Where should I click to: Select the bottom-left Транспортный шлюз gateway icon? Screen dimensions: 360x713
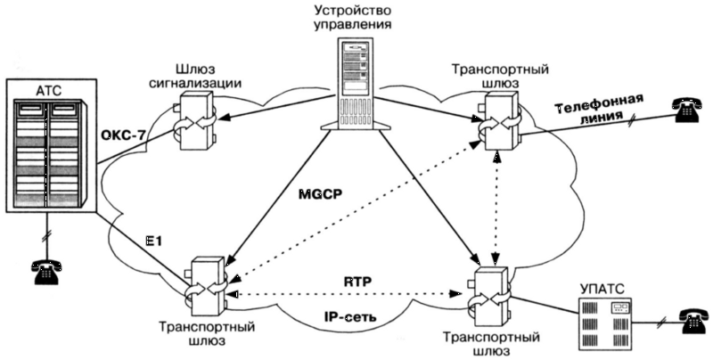[x=209, y=286]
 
